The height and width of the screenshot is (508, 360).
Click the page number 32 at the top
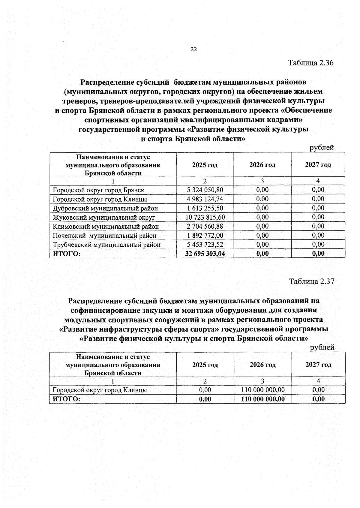tap(193, 50)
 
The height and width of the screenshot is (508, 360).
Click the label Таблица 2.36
tap(311, 63)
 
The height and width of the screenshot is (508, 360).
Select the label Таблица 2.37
tap(311, 281)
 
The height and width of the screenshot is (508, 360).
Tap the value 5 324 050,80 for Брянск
tap(205, 190)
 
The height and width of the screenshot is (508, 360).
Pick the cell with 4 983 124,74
tap(205, 199)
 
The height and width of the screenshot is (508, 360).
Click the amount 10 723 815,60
tap(205, 217)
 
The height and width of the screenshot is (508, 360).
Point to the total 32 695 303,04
tap(205, 254)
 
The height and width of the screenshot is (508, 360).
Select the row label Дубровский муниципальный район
tap(105, 208)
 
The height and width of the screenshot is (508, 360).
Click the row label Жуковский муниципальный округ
tap(104, 217)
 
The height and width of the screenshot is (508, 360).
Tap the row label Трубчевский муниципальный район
tap(107, 245)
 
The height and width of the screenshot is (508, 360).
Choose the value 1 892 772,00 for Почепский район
tap(205, 236)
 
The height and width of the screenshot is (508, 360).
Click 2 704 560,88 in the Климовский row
tap(205, 227)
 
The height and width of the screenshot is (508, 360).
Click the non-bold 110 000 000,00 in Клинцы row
tap(263, 390)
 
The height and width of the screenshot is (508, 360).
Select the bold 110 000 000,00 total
tap(263, 399)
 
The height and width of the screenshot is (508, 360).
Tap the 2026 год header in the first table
tap(262, 165)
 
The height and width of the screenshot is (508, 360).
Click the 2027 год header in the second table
tap(318, 365)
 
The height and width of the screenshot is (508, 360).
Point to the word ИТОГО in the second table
tap(67, 399)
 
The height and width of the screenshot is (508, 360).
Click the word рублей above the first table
tap(322, 148)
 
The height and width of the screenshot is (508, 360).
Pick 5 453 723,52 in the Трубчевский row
tap(205, 245)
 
